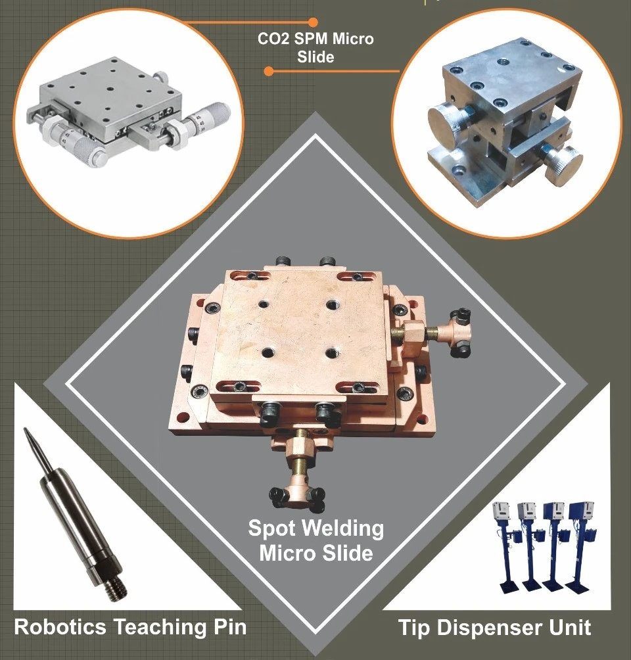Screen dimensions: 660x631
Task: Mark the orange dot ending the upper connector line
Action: (x=313, y=22)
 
